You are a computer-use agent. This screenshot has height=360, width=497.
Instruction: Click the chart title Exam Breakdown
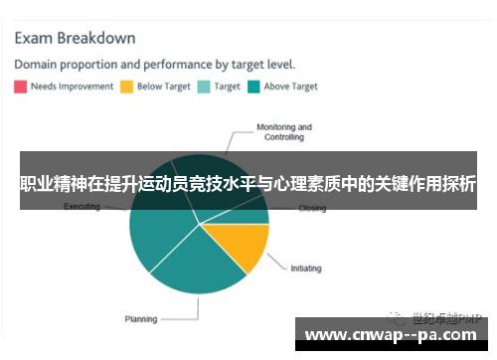75,39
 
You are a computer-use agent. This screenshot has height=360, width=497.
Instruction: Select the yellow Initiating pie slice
241,244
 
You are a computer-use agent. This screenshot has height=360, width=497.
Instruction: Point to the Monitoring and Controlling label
284,132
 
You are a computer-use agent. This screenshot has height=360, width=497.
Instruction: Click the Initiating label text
307,269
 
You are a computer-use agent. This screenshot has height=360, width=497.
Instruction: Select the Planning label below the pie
140,319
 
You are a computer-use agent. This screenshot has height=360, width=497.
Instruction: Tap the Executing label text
82,207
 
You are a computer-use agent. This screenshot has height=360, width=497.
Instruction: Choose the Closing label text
312,209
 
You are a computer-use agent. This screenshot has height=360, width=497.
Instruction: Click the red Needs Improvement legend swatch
20,87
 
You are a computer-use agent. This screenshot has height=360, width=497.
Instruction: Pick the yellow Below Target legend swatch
126,87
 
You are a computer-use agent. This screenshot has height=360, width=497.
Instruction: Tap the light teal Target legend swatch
204,87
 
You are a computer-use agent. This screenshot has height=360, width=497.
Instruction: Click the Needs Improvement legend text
72,87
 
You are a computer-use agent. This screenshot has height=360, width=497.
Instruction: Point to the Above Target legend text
290,87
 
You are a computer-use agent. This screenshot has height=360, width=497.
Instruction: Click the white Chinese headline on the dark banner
248,185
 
